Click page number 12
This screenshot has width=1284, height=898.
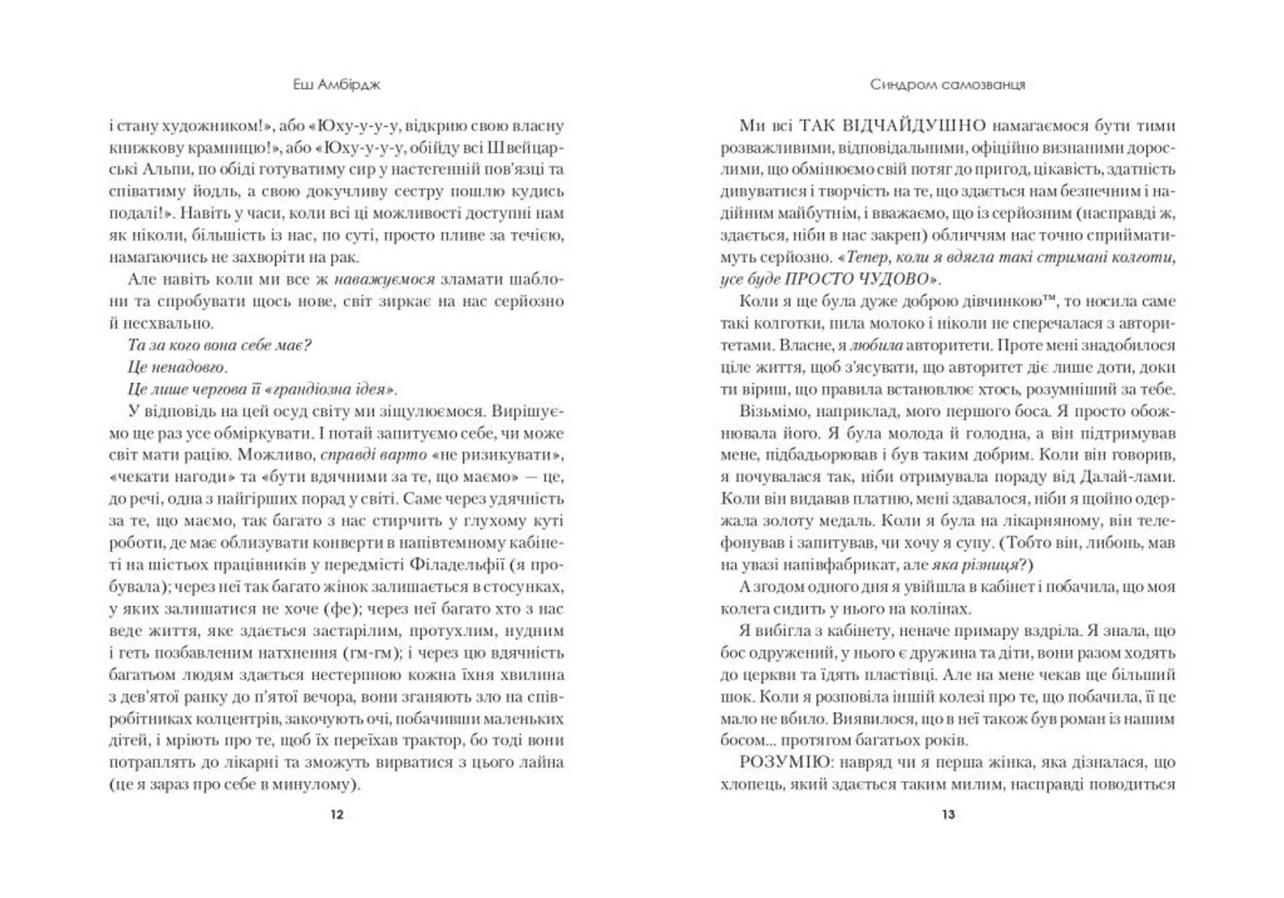point(336,814)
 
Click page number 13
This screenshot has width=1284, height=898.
point(948,814)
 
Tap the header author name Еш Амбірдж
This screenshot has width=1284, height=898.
point(337,85)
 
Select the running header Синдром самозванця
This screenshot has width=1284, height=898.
point(948,85)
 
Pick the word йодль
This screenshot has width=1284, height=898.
point(207,191)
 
